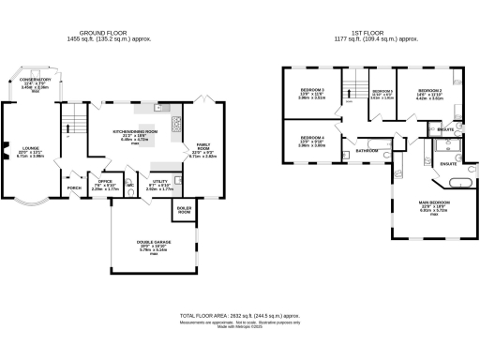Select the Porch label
click(x=73, y=187)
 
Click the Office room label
click(x=106, y=181)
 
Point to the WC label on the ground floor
click(x=131, y=185)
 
